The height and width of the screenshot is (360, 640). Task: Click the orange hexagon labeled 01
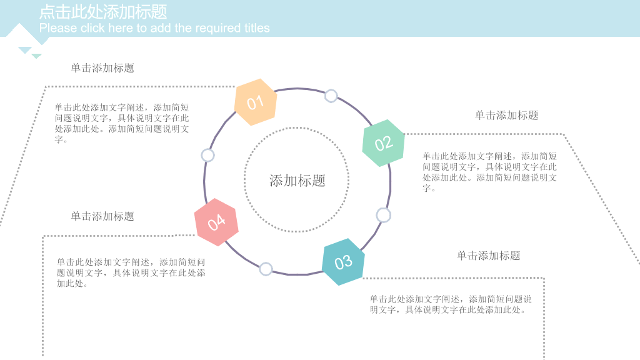(x=256, y=102)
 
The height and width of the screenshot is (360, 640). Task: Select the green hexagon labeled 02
(x=383, y=143)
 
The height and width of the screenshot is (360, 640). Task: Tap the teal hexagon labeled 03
(x=343, y=262)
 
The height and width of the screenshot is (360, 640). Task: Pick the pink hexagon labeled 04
(x=216, y=222)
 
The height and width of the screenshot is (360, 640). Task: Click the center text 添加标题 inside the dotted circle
(x=297, y=181)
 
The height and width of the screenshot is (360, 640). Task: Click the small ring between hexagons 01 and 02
(x=331, y=96)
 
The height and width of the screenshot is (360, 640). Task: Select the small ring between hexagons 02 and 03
(x=383, y=215)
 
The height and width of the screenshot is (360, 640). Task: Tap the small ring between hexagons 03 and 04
(x=266, y=269)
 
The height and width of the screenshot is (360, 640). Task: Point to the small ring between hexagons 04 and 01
(x=207, y=155)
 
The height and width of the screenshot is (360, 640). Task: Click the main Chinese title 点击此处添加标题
(x=103, y=12)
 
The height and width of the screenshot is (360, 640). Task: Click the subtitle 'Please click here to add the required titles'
(x=154, y=27)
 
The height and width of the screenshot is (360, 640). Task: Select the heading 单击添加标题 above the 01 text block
(x=102, y=67)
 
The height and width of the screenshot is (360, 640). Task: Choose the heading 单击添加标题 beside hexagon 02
(x=506, y=115)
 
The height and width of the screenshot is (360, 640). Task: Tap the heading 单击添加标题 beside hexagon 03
(x=488, y=256)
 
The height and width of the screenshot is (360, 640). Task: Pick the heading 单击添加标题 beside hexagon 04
(x=102, y=216)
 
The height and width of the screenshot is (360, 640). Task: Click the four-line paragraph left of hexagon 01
(x=122, y=123)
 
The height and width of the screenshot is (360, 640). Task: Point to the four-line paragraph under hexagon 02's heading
(x=489, y=172)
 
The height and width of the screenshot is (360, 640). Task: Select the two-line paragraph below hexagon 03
(x=451, y=304)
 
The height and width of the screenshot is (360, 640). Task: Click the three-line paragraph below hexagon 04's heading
(x=131, y=272)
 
